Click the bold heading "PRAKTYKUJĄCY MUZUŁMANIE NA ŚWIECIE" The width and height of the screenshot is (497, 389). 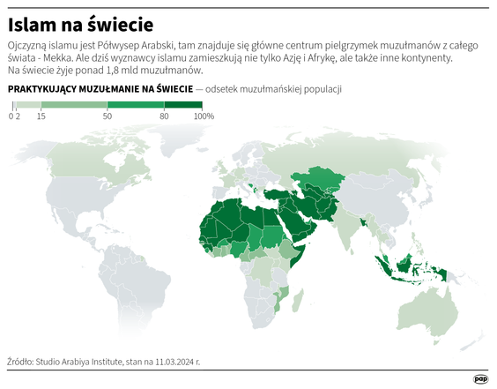(100, 90)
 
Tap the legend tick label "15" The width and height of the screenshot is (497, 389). (41, 116)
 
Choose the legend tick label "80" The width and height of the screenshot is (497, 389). (163, 116)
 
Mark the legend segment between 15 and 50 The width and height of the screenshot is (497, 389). (74, 105)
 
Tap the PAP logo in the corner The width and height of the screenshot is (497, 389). (480, 378)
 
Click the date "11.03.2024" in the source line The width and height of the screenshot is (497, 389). (173, 361)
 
